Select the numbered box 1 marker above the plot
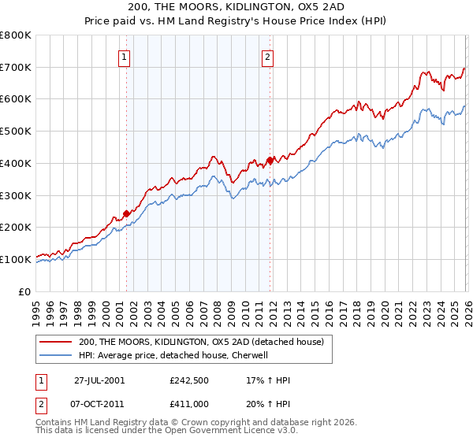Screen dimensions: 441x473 coord(125,56)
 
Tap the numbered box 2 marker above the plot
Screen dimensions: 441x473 coord(268,56)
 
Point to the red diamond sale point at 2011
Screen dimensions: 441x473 coord(270,160)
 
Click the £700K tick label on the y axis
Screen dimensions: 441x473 coord(15,68)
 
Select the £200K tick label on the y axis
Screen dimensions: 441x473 coord(15,228)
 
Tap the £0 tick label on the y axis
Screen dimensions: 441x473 coord(24,291)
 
